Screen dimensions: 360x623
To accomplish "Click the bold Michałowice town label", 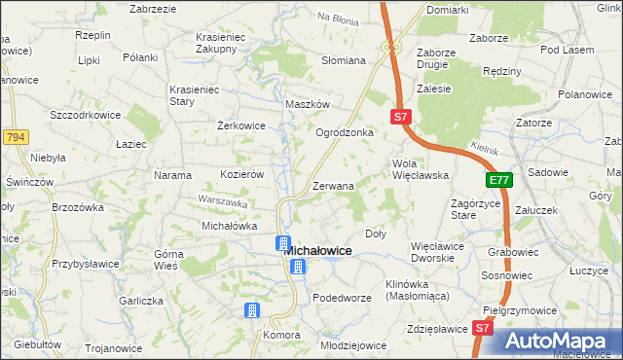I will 317,250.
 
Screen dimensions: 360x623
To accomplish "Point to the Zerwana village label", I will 333,185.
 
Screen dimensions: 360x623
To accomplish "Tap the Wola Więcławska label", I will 420,169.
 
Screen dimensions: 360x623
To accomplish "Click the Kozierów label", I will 242,174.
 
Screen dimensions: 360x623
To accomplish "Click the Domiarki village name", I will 448,10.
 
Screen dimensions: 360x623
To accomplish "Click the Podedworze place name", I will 344,298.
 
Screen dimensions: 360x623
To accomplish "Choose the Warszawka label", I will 219,202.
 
